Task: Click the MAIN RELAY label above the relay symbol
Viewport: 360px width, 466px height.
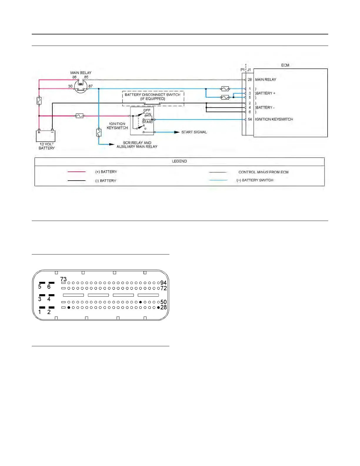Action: coord(81,73)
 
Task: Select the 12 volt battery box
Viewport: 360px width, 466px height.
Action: coord(46,136)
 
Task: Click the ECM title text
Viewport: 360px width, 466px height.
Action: coord(285,65)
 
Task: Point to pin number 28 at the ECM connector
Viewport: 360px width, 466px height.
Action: coord(250,80)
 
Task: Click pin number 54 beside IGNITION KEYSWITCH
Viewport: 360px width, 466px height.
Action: coord(250,119)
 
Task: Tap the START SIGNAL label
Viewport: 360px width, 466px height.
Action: coord(194,132)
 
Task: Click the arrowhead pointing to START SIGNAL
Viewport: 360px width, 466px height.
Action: coord(177,132)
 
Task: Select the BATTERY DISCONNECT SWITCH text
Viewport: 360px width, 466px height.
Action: coord(152,95)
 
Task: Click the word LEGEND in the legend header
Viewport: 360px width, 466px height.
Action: coord(179,161)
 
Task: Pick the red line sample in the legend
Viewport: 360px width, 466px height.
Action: coord(76,172)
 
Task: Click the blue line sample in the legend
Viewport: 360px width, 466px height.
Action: coord(218,180)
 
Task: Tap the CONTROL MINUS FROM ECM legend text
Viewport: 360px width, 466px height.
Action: coord(263,172)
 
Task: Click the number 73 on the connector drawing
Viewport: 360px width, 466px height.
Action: coord(64,279)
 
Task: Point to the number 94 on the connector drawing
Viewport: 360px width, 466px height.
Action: coord(164,283)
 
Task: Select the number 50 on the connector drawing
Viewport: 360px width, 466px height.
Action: coord(164,302)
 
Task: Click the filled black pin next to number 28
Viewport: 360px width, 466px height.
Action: coord(158,307)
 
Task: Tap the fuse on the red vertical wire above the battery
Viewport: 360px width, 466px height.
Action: coord(39,101)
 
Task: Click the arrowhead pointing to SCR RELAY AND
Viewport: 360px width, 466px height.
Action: coord(111,144)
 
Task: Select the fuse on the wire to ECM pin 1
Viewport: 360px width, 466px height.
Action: coord(225,89)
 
